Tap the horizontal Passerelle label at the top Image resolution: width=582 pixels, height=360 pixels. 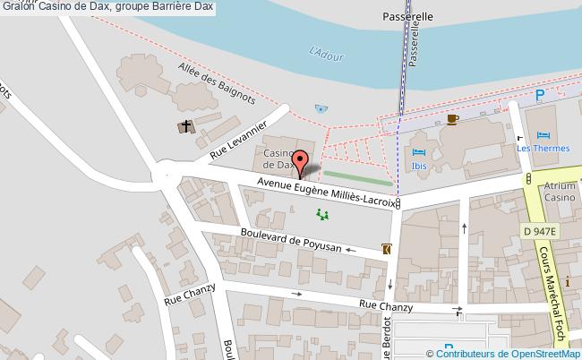pyautogui.click(x=407, y=16)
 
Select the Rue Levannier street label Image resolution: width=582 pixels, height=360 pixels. pyautogui.click(x=239, y=141)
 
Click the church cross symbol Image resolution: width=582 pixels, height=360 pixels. pyautogui.click(x=187, y=127)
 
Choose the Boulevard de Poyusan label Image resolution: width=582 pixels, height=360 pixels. pyautogui.click(x=291, y=241)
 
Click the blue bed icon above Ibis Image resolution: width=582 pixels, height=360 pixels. pyautogui.click(x=418, y=151)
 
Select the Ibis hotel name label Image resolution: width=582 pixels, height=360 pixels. pyautogui.click(x=418, y=166)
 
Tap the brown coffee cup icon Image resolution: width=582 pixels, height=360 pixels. pyautogui.click(x=453, y=118)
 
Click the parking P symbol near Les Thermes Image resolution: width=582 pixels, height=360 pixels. pyautogui.click(x=539, y=94)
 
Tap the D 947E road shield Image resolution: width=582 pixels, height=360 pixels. pyautogui.click(x=541, y=231)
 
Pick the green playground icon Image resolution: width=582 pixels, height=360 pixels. pyautogui.click(x=321, y=214)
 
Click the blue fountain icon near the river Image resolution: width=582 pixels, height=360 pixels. pyautogui.click(x=321, y=108)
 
